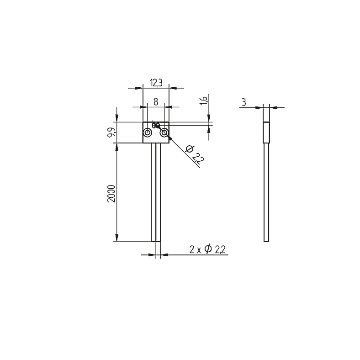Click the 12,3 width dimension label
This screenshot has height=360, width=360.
(x=156, y=83)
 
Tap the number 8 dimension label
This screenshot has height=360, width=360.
(x=156, y=101)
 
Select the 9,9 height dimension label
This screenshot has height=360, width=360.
(x=111, y=132)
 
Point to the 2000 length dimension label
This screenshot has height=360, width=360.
(x=111, y=193)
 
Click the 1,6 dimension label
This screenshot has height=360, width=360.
(x=203, y=101)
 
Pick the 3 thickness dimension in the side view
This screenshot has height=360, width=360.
(x=244, y=102)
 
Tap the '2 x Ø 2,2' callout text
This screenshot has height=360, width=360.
(x=207, y=249)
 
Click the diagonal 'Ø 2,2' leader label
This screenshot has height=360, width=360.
(x=195, y=155)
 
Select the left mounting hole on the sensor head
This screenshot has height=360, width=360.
(x=148, y=132)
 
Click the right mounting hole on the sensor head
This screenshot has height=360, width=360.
(x=164, y=132)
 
